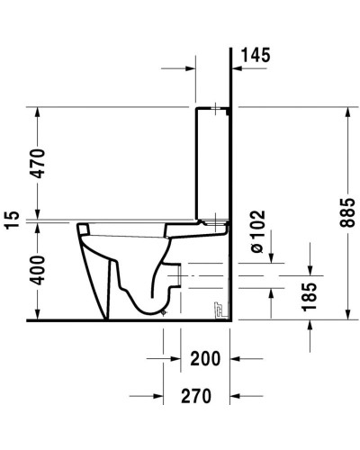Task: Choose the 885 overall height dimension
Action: pyautogui.click(x=336, y=213)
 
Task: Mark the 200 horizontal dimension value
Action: pyautogui.click(x=205, y=359)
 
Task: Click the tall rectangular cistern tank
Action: pyautogui.click(x=214, y=162)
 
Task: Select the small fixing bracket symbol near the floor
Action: pyautogui.click(x=217, y=310)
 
